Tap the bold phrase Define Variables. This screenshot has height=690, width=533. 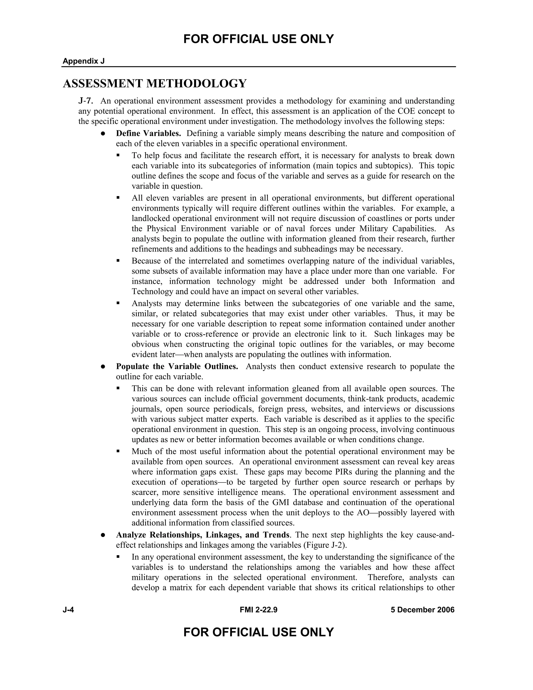148,133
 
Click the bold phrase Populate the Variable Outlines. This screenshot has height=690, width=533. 177,367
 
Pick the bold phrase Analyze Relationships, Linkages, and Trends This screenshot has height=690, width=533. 202,535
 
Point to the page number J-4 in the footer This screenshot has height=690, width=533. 68,610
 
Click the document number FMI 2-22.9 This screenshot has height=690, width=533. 258,610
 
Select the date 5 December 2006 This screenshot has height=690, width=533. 422,610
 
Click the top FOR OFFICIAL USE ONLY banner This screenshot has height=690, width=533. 258,39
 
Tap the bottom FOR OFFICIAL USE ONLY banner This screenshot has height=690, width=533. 258,632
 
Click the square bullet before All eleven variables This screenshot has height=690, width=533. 118,198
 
